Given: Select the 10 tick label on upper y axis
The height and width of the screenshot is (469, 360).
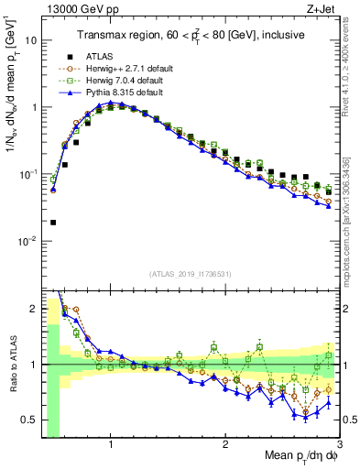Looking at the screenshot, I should tap(33, 41).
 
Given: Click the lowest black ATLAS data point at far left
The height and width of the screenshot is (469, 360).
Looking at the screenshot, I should tap(53, 222).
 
